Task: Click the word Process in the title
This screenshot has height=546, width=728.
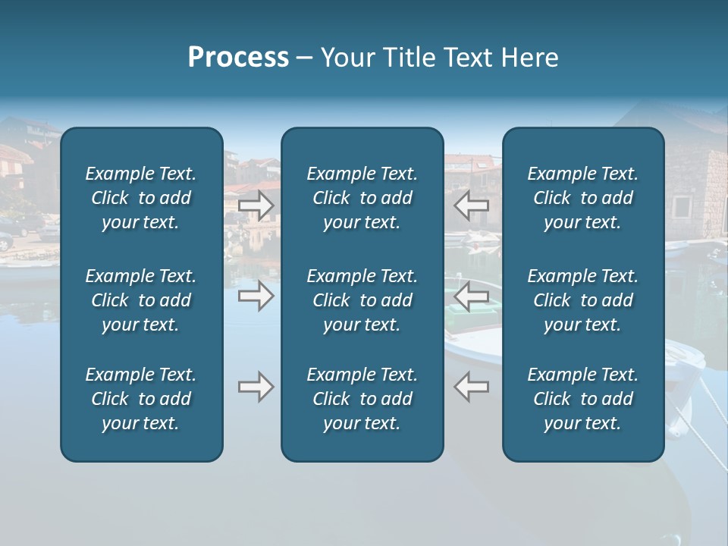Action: pos(238,58)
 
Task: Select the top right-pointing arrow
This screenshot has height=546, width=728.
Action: pos(256,206)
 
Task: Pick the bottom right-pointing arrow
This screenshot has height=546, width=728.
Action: pos(256,387)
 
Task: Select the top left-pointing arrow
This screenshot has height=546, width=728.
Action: pos(472,206)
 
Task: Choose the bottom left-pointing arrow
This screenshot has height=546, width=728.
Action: pos(472,387)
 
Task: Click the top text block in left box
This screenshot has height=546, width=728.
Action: pos(141,198)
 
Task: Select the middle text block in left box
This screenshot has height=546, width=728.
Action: pos(141,300)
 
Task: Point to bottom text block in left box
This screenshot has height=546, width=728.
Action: pos(141,399)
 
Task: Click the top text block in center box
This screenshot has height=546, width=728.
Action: pos(362,198)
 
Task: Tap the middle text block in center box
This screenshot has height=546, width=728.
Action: pos(362,300)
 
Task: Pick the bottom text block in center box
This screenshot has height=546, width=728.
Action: pos(362,399)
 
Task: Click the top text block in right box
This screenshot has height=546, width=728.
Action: pos(582,198)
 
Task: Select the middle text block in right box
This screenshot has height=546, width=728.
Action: pos(582,300)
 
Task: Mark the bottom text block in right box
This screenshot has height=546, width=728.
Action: pos(582,399)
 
